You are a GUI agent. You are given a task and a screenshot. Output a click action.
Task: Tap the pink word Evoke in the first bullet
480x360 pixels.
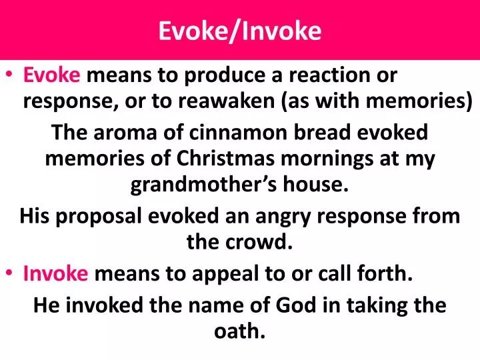(51, 76)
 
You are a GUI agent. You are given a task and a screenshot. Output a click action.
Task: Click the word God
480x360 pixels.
(297, 305)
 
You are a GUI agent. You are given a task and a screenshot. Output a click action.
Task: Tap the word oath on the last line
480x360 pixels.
(239, 331)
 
